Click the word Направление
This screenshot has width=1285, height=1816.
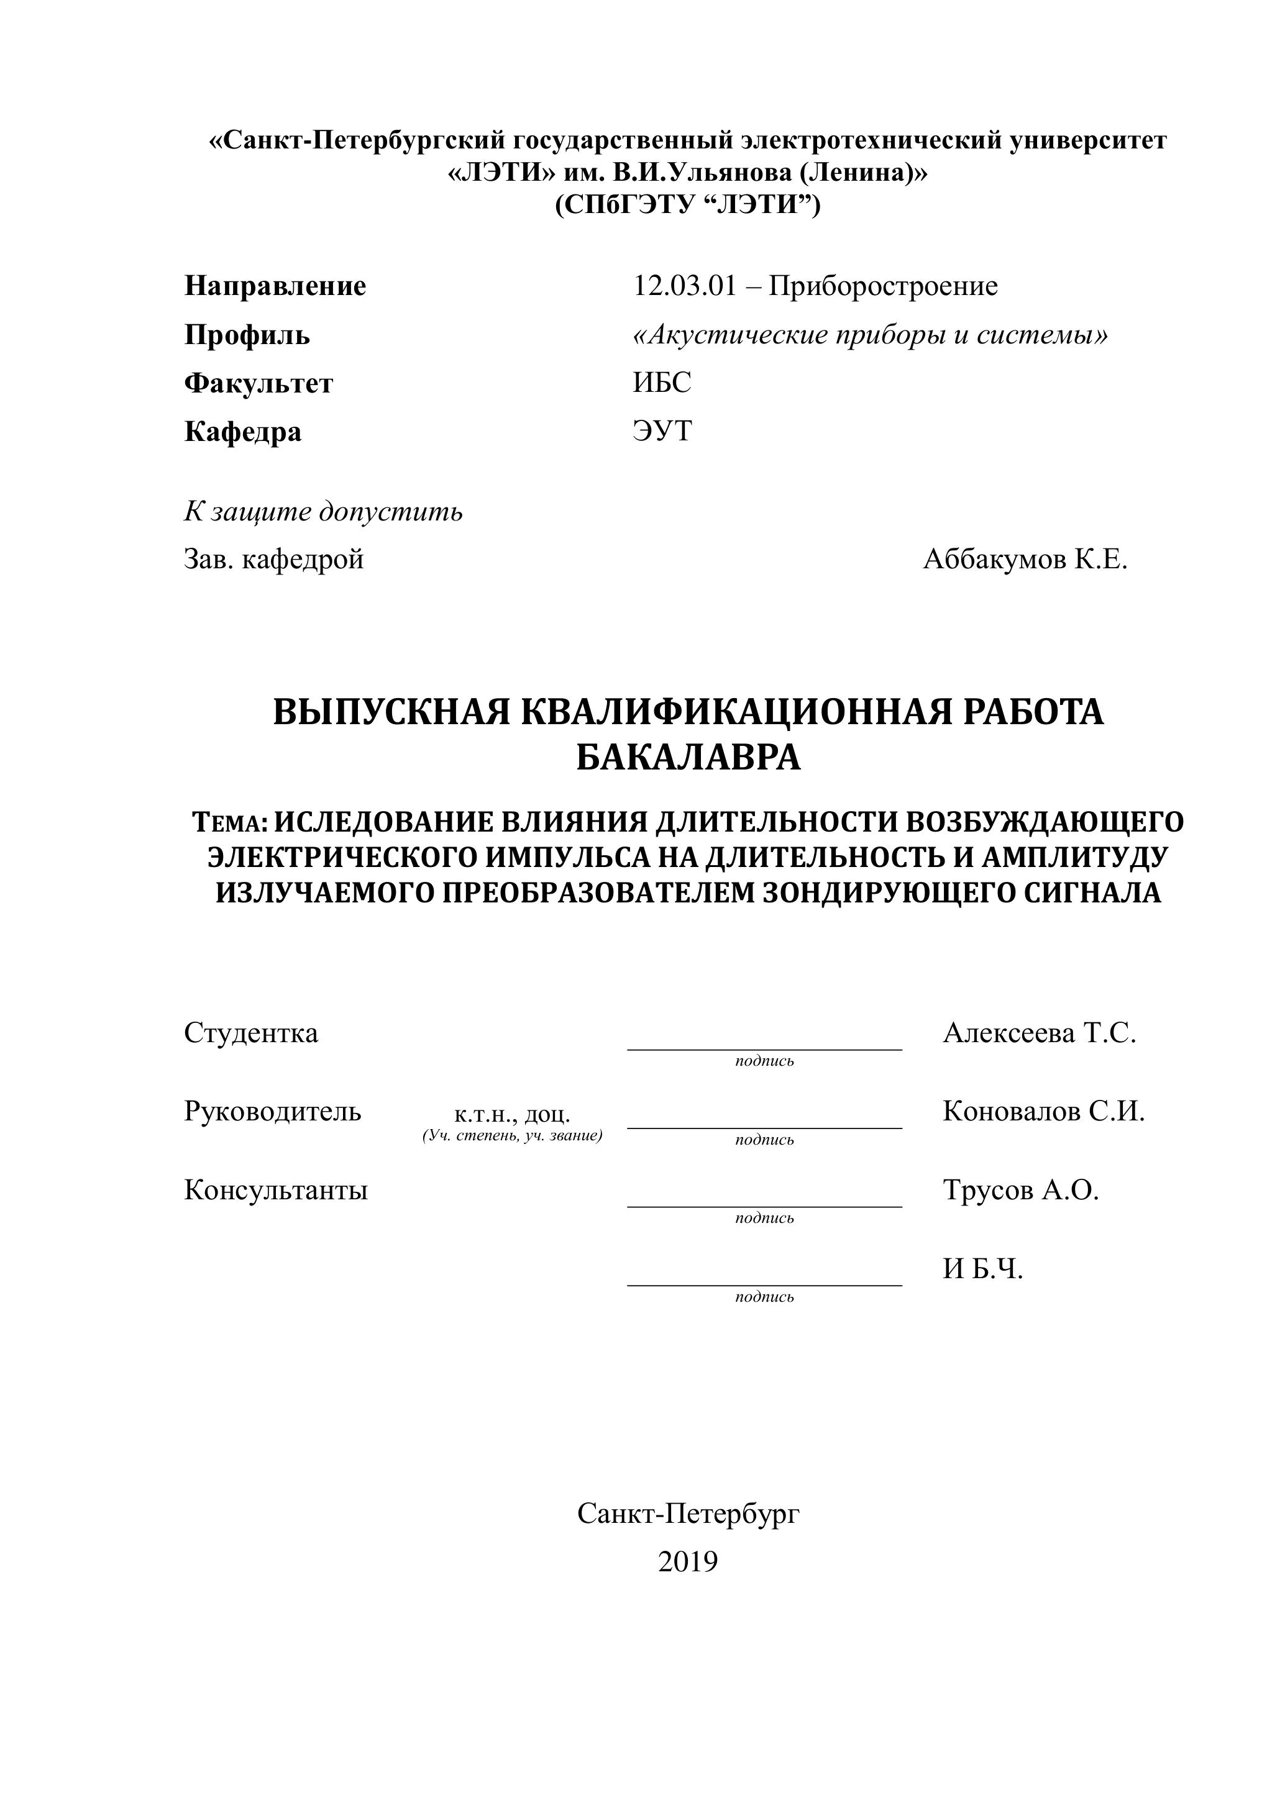275,286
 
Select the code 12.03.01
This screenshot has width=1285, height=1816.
684,286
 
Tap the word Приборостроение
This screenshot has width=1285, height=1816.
883,286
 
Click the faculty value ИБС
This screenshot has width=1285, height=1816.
662,383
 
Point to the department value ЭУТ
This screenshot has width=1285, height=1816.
662,431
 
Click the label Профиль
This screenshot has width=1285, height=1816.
247,335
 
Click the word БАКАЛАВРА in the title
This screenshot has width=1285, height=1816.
688,758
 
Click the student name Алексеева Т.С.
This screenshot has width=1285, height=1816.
1039,1033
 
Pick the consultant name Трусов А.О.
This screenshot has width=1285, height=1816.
1021,1191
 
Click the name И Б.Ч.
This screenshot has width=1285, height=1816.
983,1269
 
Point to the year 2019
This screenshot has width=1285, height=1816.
688,1562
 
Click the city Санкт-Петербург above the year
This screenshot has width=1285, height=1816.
688,1514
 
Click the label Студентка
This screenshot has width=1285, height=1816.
251,1033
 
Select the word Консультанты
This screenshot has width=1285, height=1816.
275,1191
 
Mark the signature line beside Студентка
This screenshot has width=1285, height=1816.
764,1047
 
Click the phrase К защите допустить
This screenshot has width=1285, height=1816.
323,512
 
